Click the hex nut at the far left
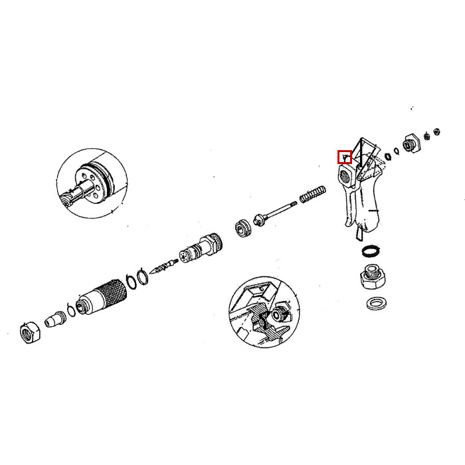click(29, 331)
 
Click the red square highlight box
click(344, 157)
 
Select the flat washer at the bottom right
click(377, 305)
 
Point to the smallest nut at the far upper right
click(437, 131)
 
